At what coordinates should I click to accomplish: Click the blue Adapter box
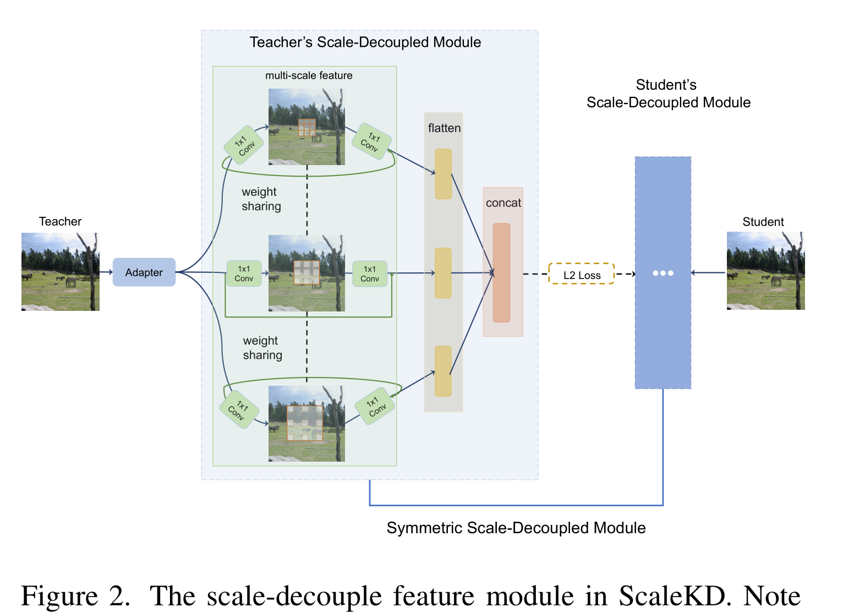point(144,272)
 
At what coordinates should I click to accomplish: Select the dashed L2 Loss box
point(582,274)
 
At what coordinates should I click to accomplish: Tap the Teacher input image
point(61,272)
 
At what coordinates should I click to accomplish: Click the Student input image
point(765,271)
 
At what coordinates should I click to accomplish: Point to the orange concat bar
point(501,272)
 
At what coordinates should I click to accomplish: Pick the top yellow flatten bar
point(443,174)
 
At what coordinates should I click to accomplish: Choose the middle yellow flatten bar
point(443,273)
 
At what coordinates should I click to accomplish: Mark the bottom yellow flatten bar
point(443,371)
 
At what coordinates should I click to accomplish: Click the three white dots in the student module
point(663,273)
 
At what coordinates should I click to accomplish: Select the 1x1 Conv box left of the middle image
point(244,273)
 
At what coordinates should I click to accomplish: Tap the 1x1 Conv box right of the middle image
point(370,273)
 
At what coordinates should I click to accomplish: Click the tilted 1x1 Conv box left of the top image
point(244,145)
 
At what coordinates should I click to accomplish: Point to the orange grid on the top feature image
point(307,127)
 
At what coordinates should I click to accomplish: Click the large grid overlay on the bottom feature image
point(305,423)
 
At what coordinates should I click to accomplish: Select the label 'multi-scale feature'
point(309,75)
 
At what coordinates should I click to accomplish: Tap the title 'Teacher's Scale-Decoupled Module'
point(365,42)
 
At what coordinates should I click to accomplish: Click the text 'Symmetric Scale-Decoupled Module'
point(516,528)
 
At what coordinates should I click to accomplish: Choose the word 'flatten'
point(444,128)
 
